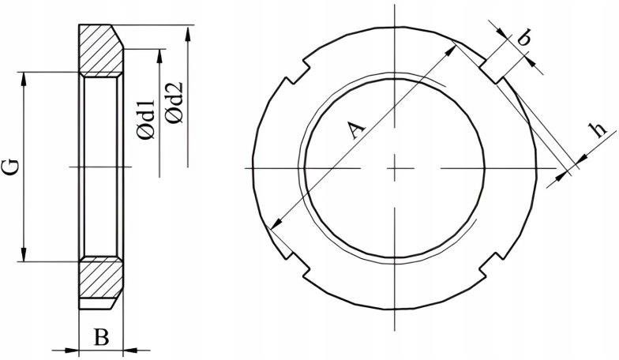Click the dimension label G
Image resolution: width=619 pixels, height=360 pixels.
[12, 167]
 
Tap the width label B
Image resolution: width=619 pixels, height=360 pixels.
[101, 338]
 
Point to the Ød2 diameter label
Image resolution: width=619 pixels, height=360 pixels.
[174, 103]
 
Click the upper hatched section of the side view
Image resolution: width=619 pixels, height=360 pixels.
[101, 49]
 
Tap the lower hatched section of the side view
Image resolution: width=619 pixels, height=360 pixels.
[101, 278]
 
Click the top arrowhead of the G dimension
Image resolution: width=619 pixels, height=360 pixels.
[24, 79]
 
